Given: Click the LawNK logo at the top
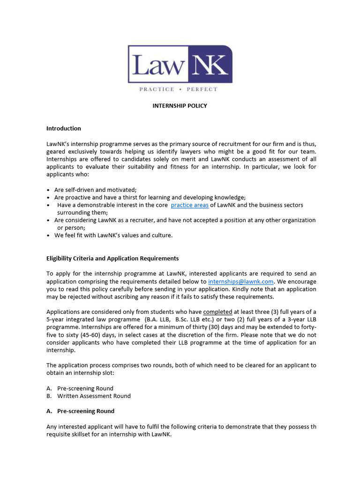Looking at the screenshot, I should coord(180,65).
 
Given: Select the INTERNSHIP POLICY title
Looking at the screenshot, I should coord(180,106).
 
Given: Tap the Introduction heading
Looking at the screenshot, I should coord(64,128).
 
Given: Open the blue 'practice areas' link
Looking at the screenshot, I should coord(189,205).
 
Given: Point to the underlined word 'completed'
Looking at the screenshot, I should coord(217,312).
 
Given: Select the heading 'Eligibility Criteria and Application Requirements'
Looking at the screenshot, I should coord(112,258).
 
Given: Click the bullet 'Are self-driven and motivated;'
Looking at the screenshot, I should coord(95,189).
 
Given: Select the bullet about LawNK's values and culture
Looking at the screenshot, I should coord(113,235).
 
